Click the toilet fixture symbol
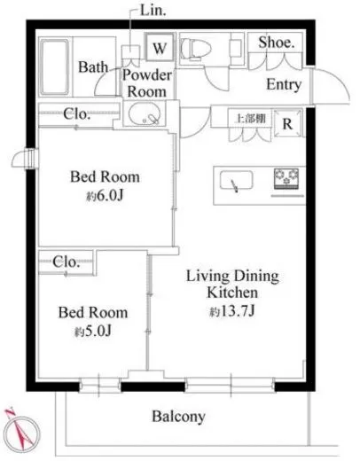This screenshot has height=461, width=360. pos(196,48)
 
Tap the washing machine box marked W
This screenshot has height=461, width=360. pos(160,47)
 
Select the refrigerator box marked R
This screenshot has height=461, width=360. pos(287,123)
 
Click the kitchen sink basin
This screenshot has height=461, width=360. pos(237,180)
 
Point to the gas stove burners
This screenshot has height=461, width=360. pos(286,178)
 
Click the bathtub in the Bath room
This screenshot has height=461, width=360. pos(55,67)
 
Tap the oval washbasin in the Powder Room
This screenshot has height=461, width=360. pos(145,114)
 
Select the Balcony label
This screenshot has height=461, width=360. pos(178,417)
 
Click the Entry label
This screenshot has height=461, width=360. pos(284,84)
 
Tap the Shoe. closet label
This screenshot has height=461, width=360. pos(277,43)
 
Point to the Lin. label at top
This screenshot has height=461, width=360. pos(153,11)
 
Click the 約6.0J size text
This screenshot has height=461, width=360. pos(105,196)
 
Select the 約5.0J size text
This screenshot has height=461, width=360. pos(93,332)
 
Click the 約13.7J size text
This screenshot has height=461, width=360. pos(232,311)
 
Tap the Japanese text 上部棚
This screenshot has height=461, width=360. pos(250,119)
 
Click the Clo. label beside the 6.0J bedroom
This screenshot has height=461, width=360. pos(76,114)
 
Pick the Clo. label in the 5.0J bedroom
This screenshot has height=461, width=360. pos(66,262)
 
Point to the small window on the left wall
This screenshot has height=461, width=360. pos(26,159)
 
